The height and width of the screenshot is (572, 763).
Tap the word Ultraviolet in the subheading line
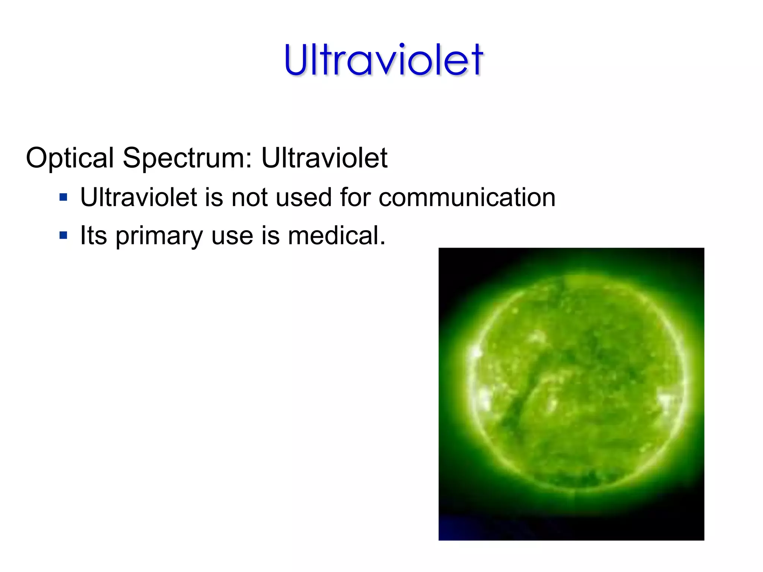(324, 158)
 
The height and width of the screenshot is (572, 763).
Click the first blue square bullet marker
(63, 197)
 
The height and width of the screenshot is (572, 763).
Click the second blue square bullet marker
(63, 235)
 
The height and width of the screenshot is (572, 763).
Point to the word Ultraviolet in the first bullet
(138, 197)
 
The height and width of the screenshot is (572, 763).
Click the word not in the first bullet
(250, 197)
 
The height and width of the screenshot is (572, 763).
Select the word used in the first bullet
(304, 197)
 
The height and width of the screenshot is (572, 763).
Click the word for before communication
(355, 197)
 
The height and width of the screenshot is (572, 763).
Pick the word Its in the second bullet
(94, 235)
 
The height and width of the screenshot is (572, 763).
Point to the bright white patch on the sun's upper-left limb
(475, 352)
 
